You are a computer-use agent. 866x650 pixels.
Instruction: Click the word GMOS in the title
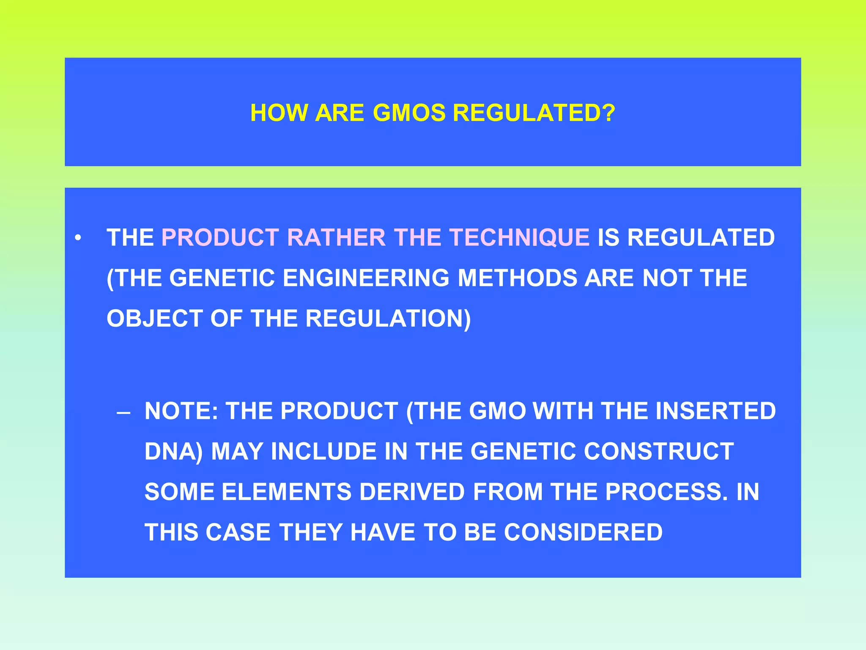click(409, 113)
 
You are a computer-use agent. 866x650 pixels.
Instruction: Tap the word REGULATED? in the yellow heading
click(534, 113)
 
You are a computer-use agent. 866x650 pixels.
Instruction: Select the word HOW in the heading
click(279, 113)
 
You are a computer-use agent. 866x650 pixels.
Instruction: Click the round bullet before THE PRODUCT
click(78, 238)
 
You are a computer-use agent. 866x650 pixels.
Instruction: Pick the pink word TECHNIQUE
click(519, 237)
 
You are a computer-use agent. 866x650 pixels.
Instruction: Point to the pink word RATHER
click(336, 237)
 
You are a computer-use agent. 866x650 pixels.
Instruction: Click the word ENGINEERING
click(366, 278)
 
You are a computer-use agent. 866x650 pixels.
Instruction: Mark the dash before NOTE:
click(123, 412)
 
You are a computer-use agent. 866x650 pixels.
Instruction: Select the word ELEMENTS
click(286, 492)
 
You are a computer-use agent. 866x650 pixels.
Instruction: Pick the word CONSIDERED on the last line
click(583, 532)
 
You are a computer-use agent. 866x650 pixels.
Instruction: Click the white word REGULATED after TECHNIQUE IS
click(701, 237)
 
